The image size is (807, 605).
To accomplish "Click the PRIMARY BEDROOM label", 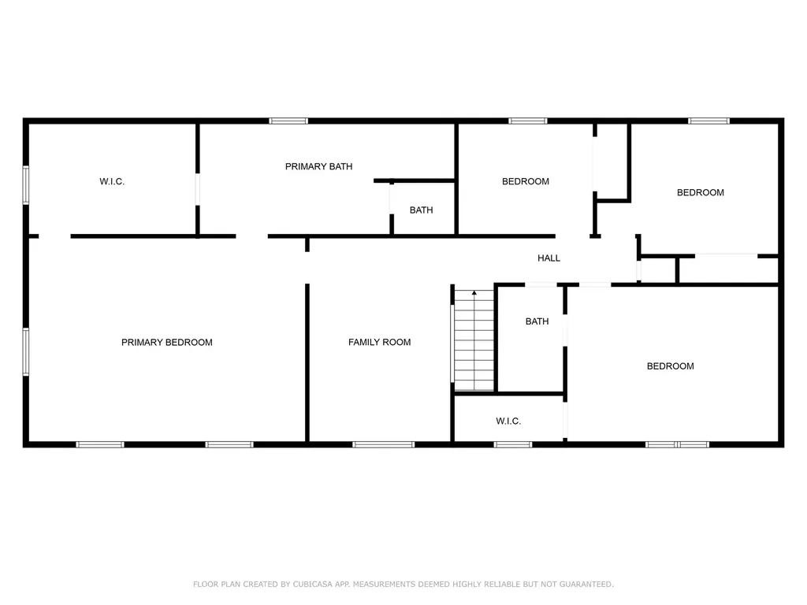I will (166, 342).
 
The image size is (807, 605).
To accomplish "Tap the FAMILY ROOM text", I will (379, 342).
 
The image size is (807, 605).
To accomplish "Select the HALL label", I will (549, 258).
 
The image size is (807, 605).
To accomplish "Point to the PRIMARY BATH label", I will (318, 166).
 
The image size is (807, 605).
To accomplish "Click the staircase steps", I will (474, 343).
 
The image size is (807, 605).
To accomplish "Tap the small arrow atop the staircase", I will (474, 293).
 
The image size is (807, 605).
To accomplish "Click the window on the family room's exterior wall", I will (383, 444).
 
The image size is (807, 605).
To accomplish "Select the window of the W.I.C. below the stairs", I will (512, 444).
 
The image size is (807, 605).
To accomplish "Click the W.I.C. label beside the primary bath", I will (112, 181).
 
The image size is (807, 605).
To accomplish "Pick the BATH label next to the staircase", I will (537, 321).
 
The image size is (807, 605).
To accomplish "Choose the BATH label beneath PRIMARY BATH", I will (421, 210).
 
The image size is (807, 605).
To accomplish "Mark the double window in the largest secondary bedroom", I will (677, 444).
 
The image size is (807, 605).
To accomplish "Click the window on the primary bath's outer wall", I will (288, 121).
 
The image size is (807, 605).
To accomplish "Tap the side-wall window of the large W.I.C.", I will (26, 185).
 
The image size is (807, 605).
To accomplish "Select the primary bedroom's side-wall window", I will (26, 351).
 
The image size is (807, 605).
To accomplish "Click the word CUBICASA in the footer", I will (314, 584).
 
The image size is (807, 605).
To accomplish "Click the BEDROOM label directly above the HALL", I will (525, 181).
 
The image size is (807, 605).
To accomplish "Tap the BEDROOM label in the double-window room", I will (670, 366).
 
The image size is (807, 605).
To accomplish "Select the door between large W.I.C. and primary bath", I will (198, 189).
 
